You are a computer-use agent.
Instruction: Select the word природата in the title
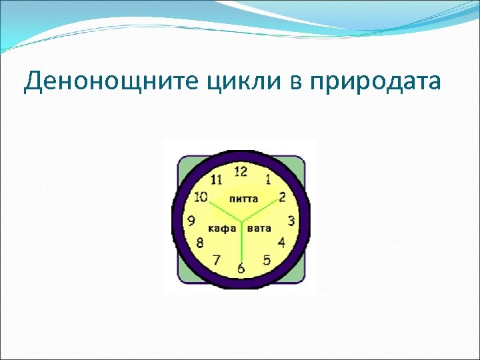click(x=365, y=83)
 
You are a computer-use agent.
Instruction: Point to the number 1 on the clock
click(x=268, y=178)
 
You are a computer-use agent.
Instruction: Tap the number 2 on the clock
click(x=283, y=197)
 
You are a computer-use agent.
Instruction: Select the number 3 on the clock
click(x=291, y=221)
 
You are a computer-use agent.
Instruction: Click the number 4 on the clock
click(x=281, y=242)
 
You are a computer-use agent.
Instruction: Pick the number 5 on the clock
click(x=267, y=260)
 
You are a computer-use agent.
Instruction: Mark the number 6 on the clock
click(x=241, y=268)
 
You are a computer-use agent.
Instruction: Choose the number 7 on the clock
click(x=216, y=259)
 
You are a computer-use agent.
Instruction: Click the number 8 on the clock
click(x=199, y=243)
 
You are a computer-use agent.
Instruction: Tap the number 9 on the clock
click(x=191, y=221)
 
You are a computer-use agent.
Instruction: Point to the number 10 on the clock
click(x=201, y=197)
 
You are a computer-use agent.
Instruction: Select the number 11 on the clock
click(x=216, y=179)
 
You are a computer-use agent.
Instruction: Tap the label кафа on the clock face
click(x=222, y=229)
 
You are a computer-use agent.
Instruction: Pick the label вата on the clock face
click(x=259, y=229)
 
